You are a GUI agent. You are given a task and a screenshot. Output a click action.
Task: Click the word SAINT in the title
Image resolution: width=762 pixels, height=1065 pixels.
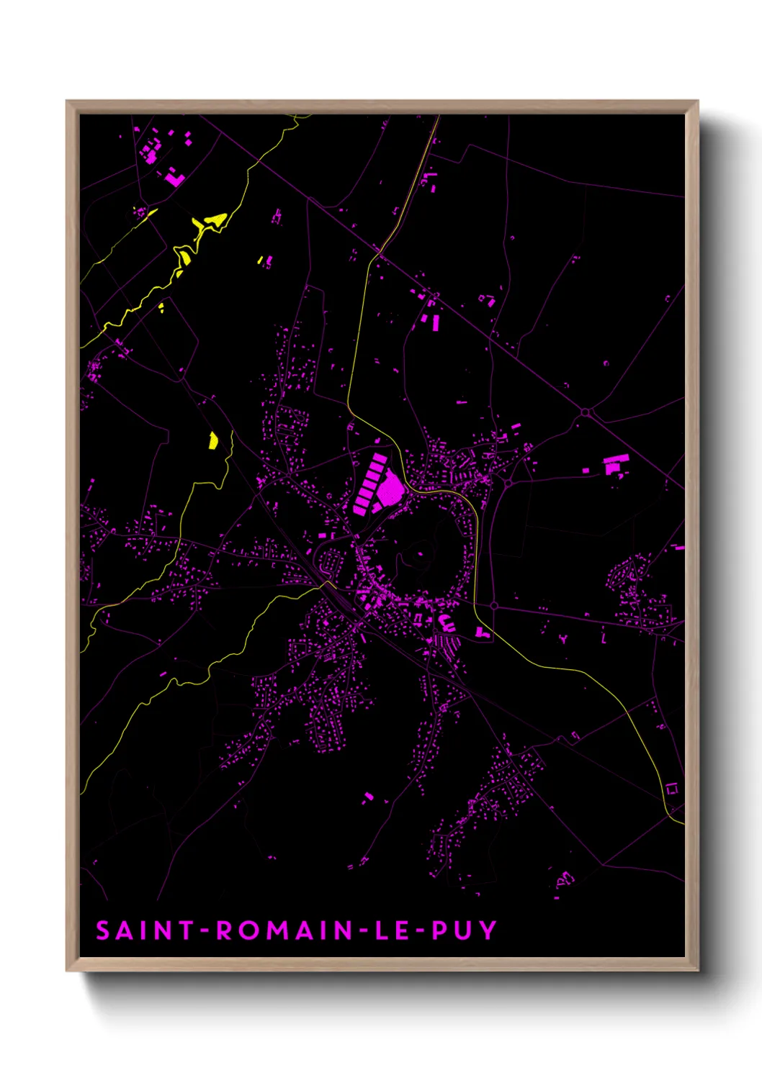145,930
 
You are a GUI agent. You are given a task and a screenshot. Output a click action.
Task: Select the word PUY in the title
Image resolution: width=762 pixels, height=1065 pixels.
465,930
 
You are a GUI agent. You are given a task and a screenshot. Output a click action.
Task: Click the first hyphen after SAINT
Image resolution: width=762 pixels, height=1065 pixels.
205,931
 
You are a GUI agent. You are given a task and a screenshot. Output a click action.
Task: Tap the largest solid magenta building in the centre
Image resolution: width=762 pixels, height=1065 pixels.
390,489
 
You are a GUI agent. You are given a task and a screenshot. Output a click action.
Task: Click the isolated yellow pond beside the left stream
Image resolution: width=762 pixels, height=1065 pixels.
213,440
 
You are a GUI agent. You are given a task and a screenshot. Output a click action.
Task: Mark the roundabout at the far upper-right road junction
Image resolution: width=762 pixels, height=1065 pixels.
585,412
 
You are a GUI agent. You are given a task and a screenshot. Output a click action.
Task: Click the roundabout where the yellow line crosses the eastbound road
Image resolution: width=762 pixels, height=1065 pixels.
494,606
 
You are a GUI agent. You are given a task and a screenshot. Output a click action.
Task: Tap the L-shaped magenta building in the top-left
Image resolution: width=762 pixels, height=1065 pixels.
174,177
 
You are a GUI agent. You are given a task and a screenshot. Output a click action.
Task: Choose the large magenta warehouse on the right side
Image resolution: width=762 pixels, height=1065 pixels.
614,463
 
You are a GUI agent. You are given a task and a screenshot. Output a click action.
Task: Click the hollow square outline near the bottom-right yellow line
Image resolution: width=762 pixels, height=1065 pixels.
672,789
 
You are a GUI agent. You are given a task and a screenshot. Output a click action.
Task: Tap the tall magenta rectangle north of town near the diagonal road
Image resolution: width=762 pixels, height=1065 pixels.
435,323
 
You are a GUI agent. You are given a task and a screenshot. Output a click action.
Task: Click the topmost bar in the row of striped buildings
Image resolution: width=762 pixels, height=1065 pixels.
378,458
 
